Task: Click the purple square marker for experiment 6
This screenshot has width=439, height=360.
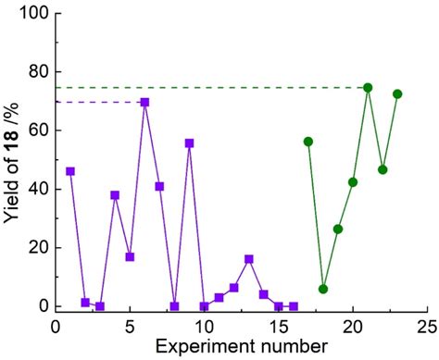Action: (144, 102)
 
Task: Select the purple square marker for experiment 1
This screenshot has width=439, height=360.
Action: (70, 171)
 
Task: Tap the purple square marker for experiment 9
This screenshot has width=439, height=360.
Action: (189, 143)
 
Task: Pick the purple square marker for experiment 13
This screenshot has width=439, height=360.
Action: (248, 259)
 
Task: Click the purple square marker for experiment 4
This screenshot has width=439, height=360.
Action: (115, 195)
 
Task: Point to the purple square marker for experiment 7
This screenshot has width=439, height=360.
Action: (159, 186)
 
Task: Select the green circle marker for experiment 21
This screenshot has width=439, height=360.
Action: (368, 87)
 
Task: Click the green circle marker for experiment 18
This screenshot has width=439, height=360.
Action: (323, 289)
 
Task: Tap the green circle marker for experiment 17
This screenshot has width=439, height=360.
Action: (308, 142)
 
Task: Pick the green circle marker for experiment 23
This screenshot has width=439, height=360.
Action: (397, 93)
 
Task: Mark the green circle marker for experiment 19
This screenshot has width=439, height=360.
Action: (338, 229)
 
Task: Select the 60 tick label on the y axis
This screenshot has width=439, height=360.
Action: (37, 130)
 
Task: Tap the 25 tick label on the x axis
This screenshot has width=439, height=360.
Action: (426, 327)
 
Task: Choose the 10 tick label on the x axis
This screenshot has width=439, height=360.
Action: (204, 327)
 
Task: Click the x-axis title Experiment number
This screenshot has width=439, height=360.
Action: (241, 347)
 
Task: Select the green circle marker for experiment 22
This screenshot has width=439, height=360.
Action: (383, 169)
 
